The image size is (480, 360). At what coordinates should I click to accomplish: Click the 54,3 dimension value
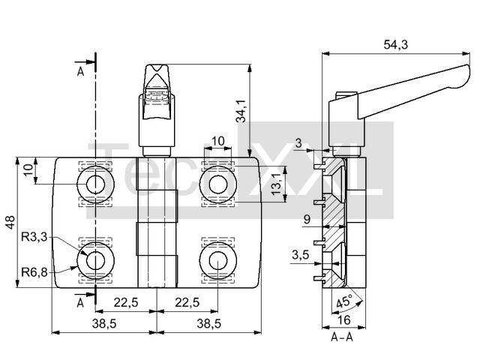[x=395, y=45]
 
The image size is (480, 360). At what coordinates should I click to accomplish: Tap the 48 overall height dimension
[x=10, y=222]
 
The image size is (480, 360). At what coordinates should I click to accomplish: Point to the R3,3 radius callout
[x=34, y=237]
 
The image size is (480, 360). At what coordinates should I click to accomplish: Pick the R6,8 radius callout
[x=34, y=271]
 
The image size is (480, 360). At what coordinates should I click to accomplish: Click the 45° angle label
[x=344, y=301]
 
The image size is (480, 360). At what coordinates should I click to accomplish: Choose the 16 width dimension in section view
[x=343, y=320]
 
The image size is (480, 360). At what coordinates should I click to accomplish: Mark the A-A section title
[x=342, y=337]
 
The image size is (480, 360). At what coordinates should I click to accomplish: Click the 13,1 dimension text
[x=277, y=184]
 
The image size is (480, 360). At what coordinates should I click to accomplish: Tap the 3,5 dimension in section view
[x=300, y=255]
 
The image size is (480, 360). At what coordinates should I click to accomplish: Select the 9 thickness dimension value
[x=307, y=219]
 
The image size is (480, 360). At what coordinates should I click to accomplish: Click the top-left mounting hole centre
[x=95, y=184]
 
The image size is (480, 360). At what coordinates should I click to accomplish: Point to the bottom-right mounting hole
[x=218, y=261]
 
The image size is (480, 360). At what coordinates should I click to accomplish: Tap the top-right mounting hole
[x=218, y=184]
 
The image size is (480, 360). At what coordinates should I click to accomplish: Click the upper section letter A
[x=80, y=72]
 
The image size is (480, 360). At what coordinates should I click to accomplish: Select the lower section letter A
[x=80, y=303]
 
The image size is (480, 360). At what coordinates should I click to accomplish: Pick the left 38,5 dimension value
[x=104, y=323]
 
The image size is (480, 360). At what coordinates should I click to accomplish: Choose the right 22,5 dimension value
[x=187, y=303]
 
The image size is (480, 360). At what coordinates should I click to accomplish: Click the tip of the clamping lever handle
[x=468, y=68]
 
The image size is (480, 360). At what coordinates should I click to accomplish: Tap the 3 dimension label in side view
[x=298, y=143]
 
